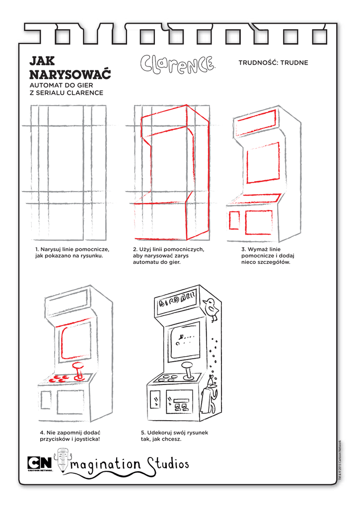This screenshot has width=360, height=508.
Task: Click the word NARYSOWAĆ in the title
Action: click(70, 74)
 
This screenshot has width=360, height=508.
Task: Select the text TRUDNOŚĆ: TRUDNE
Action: click(273, 63)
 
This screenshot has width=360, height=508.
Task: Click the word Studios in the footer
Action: click(168, 464)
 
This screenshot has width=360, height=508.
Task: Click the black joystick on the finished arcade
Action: click(188, 371)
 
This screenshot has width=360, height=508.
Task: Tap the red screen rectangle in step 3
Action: click(263, 163)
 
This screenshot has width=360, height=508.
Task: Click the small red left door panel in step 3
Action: click(234, 220)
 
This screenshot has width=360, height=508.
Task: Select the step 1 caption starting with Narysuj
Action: click(72, 253)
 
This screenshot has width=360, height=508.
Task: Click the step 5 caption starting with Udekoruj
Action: click(174, 436)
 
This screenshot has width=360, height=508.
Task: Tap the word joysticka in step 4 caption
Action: click(87, 440)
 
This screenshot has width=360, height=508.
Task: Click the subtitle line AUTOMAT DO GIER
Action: click(61, 85)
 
